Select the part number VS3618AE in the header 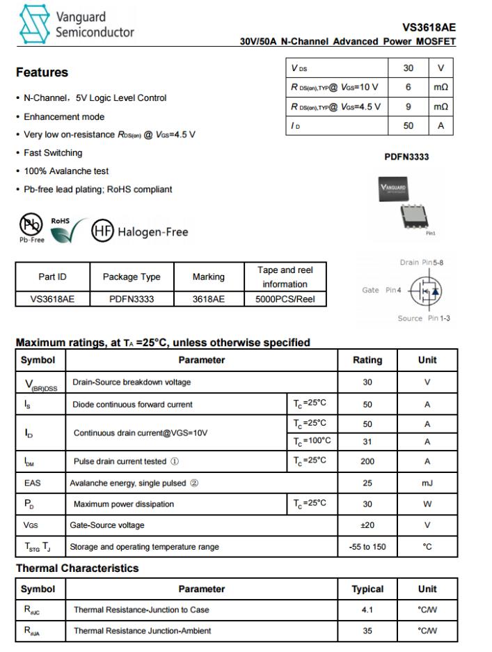tap(429, 28)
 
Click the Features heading tap(42, 72)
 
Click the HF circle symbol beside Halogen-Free tap(102, 231)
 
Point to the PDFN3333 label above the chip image tap(406, 157)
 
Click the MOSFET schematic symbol tap(425, 290)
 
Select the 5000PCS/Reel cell tap(285, 300)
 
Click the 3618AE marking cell tap(208, 300)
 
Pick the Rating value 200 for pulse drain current tap(367, 461)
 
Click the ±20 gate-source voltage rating tap(367, 525)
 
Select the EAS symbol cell tap(33, 483)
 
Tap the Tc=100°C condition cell tap(311, 441)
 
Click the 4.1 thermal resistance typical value tap(367, 610)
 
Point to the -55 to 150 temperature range tap(367, 547)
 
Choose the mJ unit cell tap(427, 483)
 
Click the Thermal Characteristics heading tap(77, 568)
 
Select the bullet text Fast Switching tap(53, 153)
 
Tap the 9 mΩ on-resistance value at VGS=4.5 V tap(408, 107)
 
